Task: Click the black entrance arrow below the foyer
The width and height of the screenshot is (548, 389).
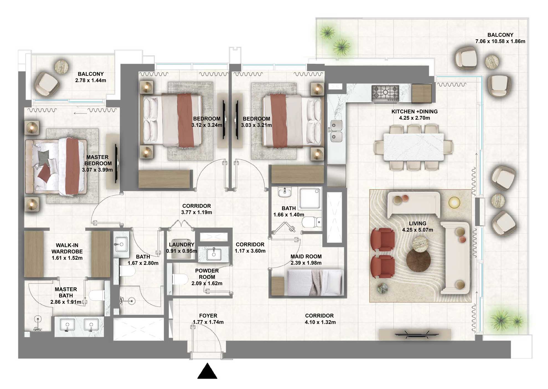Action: (207, 372)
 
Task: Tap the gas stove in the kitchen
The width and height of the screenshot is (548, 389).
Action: (385, 93)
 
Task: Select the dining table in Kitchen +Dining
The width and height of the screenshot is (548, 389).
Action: (413, 147)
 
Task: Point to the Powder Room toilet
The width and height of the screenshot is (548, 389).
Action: (180, 279)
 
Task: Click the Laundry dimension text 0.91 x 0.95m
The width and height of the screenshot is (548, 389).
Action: (182, 251)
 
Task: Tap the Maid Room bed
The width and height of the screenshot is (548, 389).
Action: (316, 282)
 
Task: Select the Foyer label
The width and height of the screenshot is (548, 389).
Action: (208, 316)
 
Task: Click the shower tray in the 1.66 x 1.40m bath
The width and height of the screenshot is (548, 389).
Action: (310, 198)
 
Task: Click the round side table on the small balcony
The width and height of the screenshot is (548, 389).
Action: (61, 67)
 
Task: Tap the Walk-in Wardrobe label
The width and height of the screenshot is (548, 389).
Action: (67, 248)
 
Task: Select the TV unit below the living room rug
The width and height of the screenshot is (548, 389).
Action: (415, 334)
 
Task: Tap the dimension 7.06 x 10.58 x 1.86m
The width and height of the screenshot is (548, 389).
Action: (500, 41)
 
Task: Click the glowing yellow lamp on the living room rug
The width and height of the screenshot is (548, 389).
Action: (454, 202)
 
